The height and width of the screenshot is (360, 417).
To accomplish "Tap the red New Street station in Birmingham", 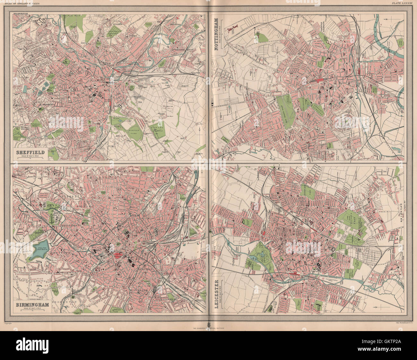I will coord(117,255).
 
